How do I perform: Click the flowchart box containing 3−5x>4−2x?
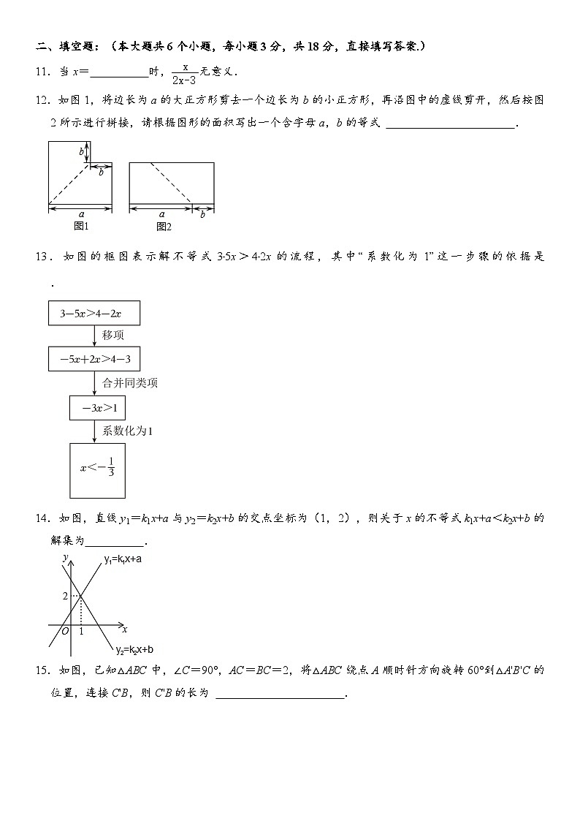94,314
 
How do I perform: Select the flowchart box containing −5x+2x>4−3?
94,360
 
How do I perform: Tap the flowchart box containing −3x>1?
97,408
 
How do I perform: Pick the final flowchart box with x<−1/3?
97,469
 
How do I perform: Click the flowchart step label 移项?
113,336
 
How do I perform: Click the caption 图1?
81,227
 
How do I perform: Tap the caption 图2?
163,227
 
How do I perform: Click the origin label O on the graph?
65,631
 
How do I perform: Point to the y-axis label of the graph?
65,557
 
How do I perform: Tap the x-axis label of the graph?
125,629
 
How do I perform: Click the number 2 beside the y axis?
64,597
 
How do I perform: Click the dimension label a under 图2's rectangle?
161,214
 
